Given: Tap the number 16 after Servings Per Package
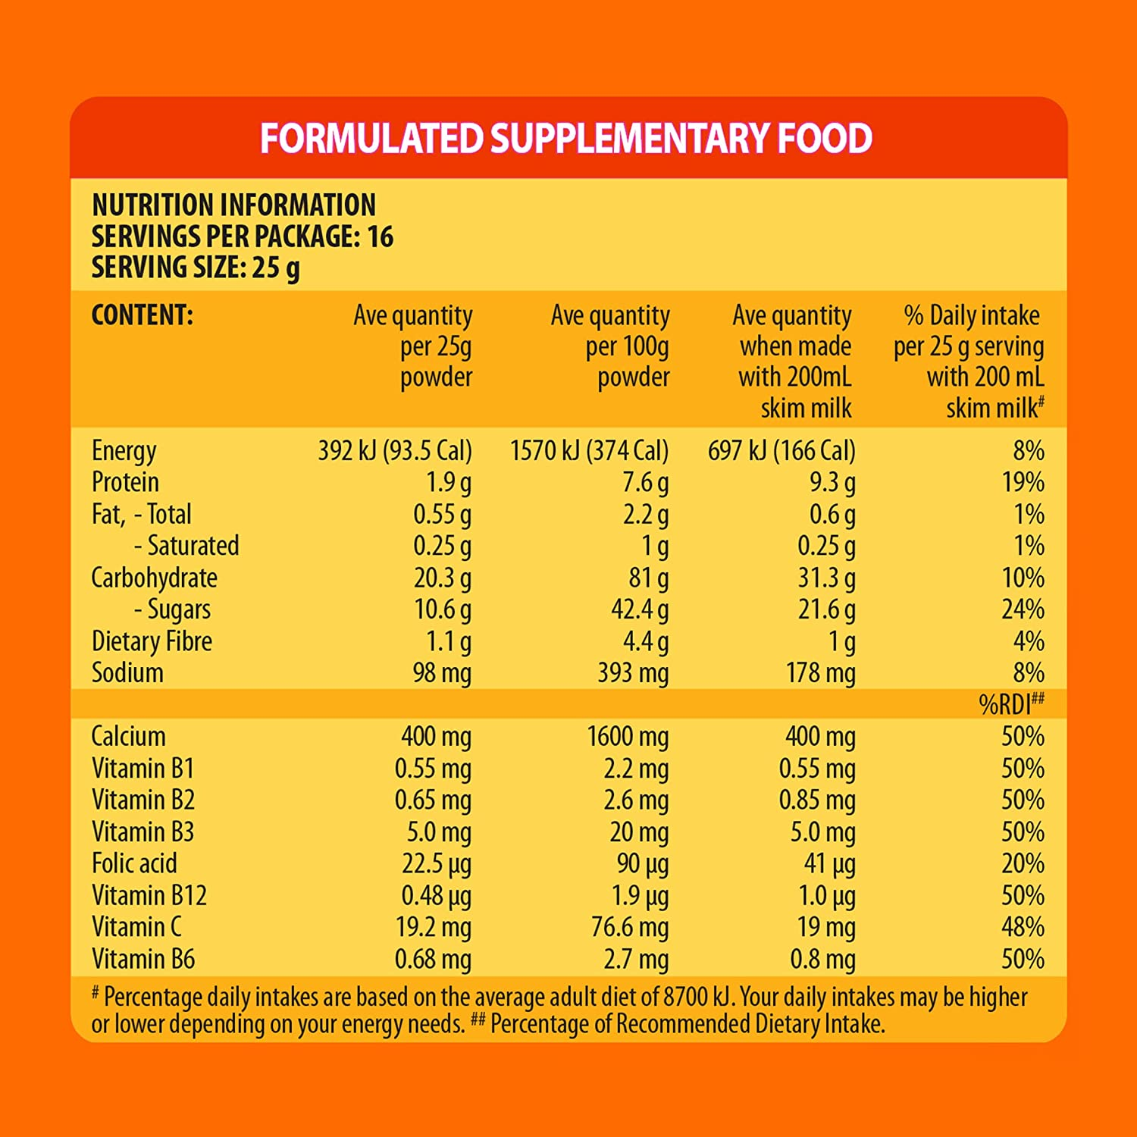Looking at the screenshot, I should (x=380, y=236).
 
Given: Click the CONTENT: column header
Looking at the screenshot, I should (x=142, y=315).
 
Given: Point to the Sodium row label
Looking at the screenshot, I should (x=127, y=673).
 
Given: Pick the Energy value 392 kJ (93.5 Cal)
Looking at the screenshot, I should (x=394, y=451).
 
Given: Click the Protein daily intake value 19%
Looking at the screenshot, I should (x=1023, y=482).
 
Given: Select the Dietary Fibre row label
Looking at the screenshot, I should (x=152, y=641).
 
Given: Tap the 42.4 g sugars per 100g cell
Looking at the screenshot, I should (x=640, y=609).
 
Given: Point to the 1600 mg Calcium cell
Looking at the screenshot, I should (x=628, y=736).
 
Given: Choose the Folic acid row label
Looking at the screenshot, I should (x=134, y=863).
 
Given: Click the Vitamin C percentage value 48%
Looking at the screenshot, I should (x=1023, y=927).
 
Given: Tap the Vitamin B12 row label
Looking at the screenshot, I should (x=149, y=896).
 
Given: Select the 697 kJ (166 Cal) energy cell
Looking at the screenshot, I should (x=781, y=451).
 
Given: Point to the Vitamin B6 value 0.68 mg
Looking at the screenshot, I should (x=433, y=960).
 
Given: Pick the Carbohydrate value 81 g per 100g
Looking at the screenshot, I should (x=648, y=578).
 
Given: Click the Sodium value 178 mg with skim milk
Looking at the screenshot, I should (x=820, y=673).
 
